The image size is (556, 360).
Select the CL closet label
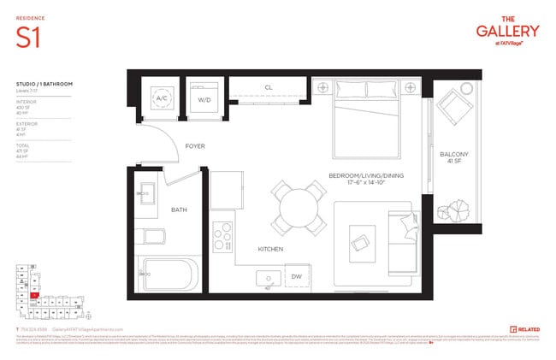tap(268, 87)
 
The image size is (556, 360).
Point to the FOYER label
tap(195, 146)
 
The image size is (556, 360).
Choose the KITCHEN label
tap(271, 249)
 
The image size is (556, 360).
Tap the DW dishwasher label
tap(296, 278)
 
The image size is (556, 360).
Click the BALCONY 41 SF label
tap(453, 158)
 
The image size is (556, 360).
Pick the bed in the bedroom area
tap(368, 124)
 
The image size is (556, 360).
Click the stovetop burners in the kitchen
tap(222, 233)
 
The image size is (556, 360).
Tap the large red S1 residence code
tap(28, 37)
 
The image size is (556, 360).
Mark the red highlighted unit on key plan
tap(35, 297)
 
